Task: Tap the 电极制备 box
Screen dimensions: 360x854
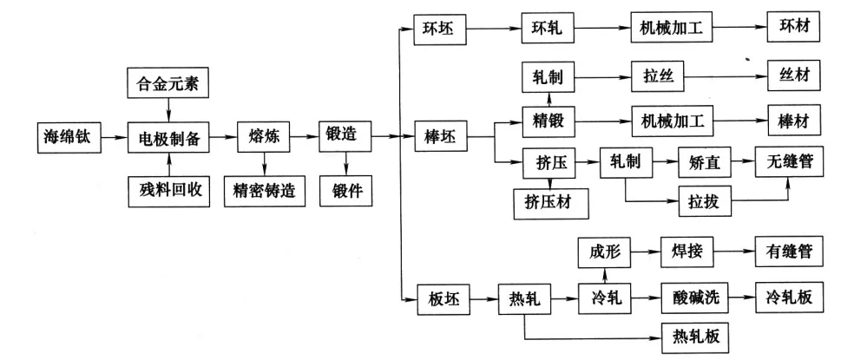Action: [x=169, y=137]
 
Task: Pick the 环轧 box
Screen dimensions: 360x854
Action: [x=544, y=28]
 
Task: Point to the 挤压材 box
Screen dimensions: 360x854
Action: [x=551, y=203]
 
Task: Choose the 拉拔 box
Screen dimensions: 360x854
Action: [x=706, y=204]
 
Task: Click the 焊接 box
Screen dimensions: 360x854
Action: [x=686, y=252]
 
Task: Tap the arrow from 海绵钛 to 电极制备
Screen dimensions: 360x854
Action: [x=115, y=136]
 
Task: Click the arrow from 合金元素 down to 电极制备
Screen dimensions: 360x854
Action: [x=168, y=109]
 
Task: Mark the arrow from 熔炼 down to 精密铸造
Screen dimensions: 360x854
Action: [x=264, y=161]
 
